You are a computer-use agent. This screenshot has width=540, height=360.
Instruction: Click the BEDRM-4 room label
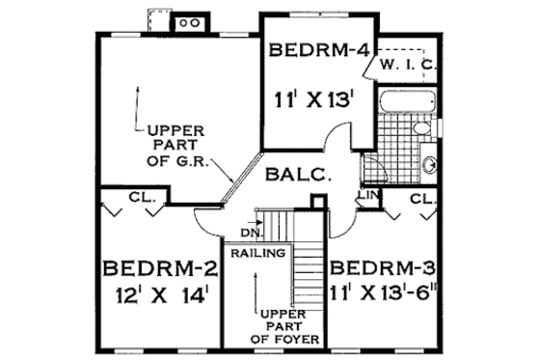[318, 51]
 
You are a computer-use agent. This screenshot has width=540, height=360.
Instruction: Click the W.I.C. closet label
[410, 65]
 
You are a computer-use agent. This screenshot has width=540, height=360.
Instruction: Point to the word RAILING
[257, 254]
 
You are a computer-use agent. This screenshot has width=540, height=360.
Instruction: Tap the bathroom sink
[430, 161]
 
